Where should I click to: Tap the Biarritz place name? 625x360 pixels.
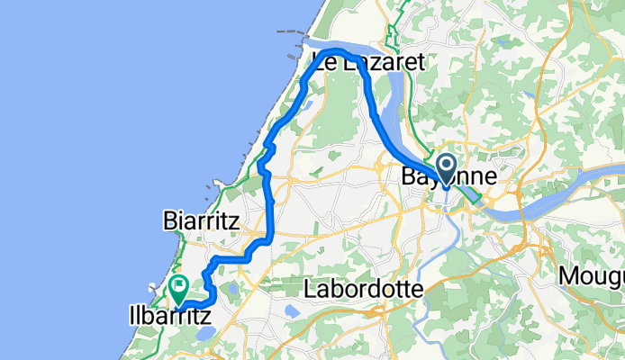click(x=200, y=220)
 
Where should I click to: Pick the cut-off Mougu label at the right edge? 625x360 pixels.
click(x=591, y=274)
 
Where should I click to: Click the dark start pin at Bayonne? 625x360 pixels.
click(x=448, y=166)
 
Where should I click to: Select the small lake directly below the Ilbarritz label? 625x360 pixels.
click(x=204, y=334)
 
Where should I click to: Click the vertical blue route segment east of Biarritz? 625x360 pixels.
click(x=271, y=207)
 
